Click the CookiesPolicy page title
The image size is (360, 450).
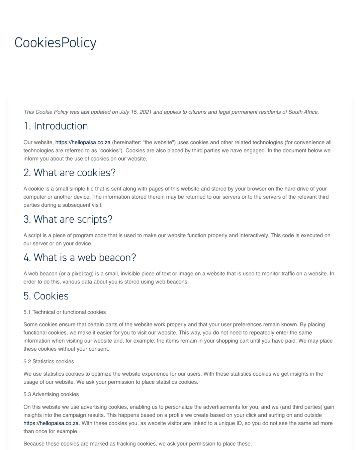55,43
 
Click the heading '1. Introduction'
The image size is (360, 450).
55,126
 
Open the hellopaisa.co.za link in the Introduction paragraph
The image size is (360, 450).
83,142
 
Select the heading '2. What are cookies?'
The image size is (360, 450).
69,173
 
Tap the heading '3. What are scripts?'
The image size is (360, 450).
68,219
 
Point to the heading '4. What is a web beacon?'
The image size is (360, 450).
79,257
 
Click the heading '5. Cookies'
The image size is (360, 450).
46,296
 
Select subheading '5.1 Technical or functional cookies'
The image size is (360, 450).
64,312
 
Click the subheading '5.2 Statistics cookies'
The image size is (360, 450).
49,361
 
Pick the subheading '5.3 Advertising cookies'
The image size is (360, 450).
51,394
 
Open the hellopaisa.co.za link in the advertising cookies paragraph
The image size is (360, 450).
51,423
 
